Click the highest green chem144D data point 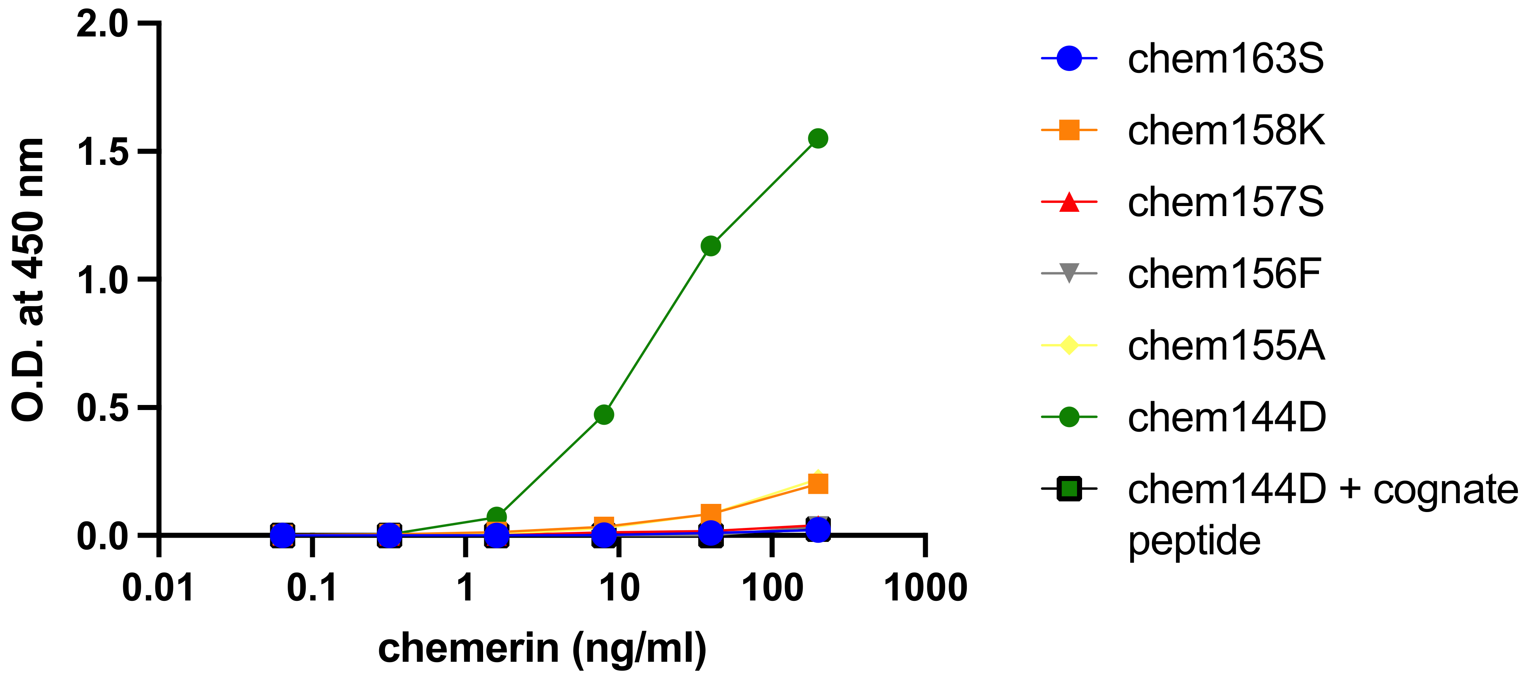pos(818,139)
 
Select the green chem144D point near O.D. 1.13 pos(710,246)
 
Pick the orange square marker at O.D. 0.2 pos(818,484)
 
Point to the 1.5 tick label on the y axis pos(102,152)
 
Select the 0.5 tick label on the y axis pos(102,408)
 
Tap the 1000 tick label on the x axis pos(925,588)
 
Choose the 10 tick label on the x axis pos(619,588)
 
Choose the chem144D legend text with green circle pos(1226,417)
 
